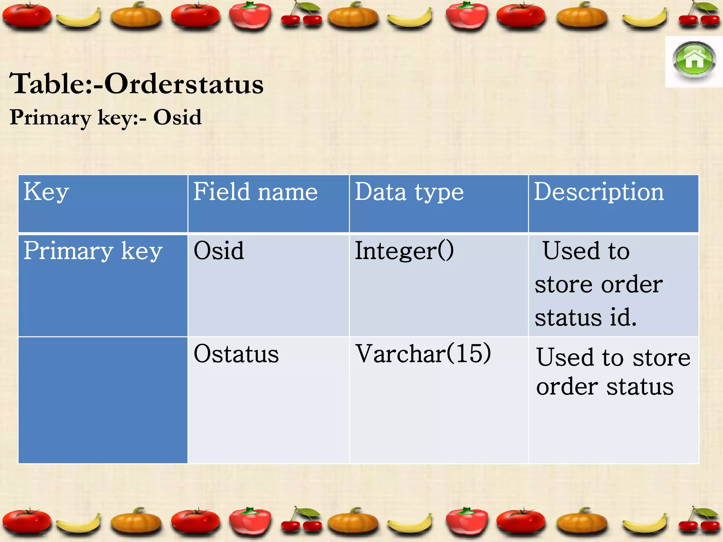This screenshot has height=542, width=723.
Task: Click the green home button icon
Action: (694, 61)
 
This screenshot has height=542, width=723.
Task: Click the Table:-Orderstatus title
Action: (136, 84)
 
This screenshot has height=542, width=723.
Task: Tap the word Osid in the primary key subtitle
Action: (177, 118)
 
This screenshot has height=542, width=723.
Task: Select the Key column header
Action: (46, 192)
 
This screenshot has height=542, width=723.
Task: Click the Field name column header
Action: (255, 192)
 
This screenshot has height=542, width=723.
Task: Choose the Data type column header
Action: (409, 192)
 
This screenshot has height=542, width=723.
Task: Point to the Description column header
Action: (599, 192)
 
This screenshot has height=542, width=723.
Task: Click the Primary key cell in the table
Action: (93, 251)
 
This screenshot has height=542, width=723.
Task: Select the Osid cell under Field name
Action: (219, 251)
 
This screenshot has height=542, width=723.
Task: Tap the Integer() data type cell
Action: (404, 251)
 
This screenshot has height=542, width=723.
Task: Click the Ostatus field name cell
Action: (236, 354)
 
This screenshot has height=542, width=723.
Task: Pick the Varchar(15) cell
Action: (423, 354)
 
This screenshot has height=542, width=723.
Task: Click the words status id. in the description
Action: (586, 317)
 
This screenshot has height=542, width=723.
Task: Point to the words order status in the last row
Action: (605, 387)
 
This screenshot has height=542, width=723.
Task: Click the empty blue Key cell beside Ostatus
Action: (103, 399)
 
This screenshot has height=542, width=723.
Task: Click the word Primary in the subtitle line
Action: (50, 118)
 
